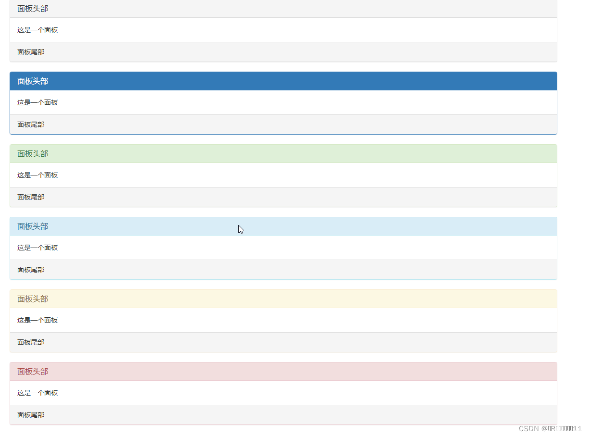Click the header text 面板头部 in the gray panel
pyautogui.click(x=33, y=9)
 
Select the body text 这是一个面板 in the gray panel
pyautogui.click(x=37, y=30)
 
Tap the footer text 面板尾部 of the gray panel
pyautogui.click(x=31, y=52)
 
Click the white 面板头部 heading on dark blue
pyautogui.click(x=33, y=81)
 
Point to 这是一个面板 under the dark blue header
pyautogui.click(x=37, y=102)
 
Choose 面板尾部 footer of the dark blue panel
pyautogui.click(x=31, y=125)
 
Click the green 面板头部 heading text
pyautogui.click(x=33, y=154)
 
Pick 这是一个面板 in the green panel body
pyautogui.click(x=37, y=175)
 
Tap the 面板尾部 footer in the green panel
pyautogui.click(x=31, y=197)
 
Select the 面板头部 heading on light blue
pyautogui.click(x=33, y=226)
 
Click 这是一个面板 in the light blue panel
pyautogui.click(x=37, y=248)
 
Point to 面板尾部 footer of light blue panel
pyautogui.click(x=31, y=270)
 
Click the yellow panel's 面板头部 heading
pyautogui.click(x=33, y=299)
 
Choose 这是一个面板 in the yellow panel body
pyautogui.click(x=37, y=320)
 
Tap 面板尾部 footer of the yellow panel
pyautogui.click(x=31, y=342)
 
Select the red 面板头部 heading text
pyautogui.click(x=33, y=372)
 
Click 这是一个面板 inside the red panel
pyautogui.click(x=37, y=393)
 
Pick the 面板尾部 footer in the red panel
pyautogui.click(x=31, y=415)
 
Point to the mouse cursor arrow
pyautogui.click(x=241, y=229)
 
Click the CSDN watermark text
pyautogui.click(x=550, y=428)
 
